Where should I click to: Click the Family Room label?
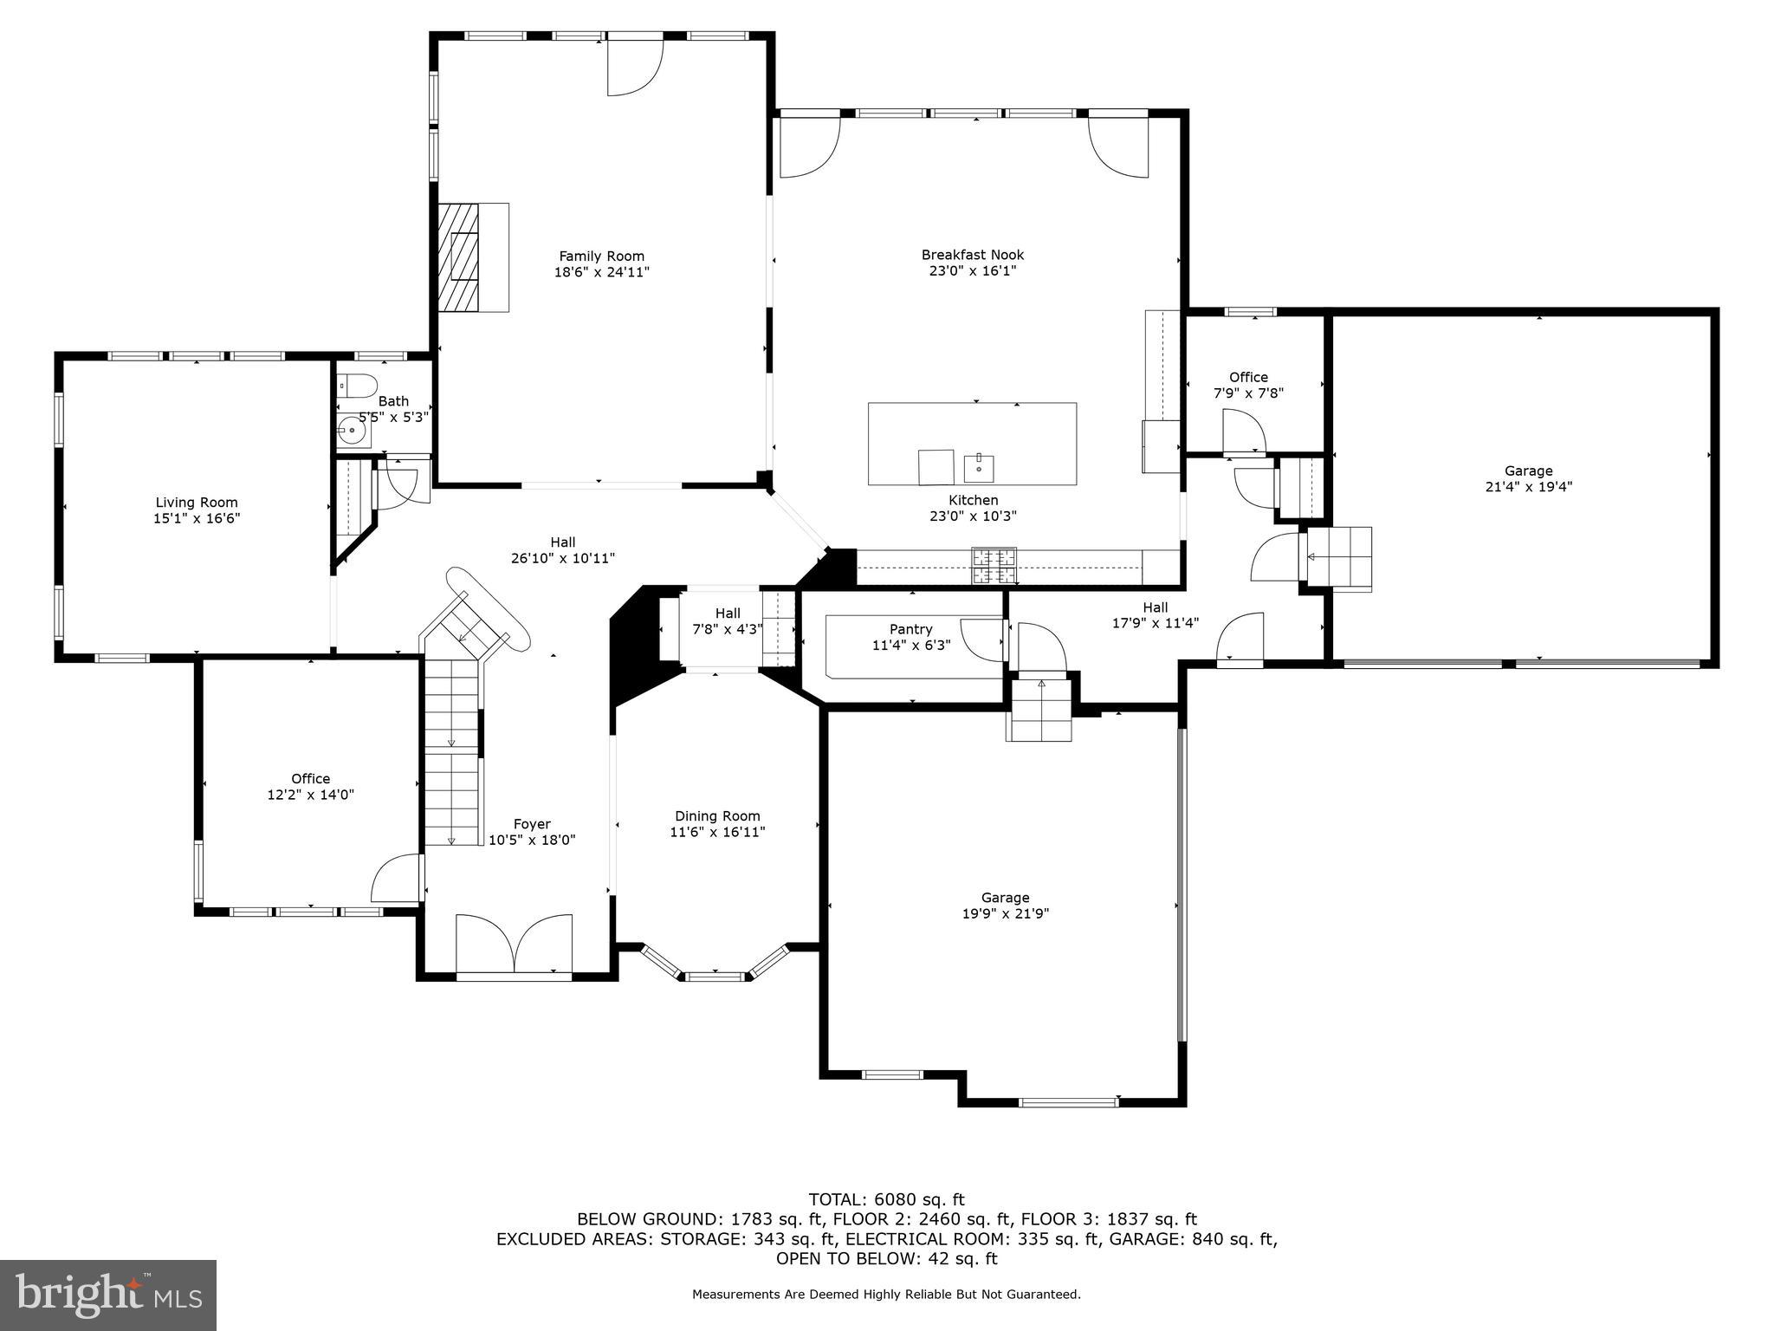[601, 256]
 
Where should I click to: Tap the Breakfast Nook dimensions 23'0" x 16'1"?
[972, 270]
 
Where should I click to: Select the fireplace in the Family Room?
[460, 257]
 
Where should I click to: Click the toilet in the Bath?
[356, 385]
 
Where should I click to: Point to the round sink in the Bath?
[352, 430]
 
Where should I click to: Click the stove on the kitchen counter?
[994, 567]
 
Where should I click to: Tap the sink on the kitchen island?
[979, 468]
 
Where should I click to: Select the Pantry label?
[910, 629]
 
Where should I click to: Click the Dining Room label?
[717, 815]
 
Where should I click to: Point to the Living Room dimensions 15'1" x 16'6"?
[197, 518]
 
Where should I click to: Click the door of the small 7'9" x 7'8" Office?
[1244, 431]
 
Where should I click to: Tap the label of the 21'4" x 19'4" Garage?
[1528, 471]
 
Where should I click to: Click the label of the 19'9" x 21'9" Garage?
[1005, 898]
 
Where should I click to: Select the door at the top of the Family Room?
[634, 67]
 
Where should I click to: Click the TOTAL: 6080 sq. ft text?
[886, 1200]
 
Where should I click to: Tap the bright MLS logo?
[108, 1295]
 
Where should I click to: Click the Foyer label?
[532, 824]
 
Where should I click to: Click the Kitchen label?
[973, 500]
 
